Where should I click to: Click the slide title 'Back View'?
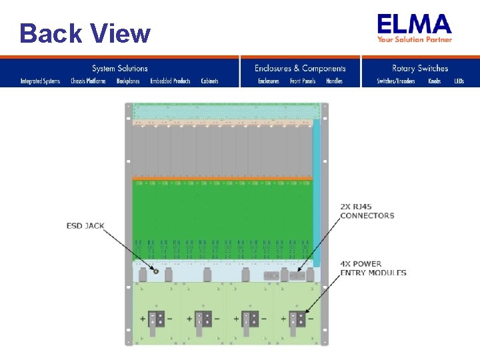tap(85, 33)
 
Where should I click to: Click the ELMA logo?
tap(414, 25)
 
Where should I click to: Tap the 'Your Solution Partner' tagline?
tap(415, 40)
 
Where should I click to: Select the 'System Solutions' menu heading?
tap(120, 68)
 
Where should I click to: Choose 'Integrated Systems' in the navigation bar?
tap(40, 81)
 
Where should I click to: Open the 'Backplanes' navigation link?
tap(128, 81)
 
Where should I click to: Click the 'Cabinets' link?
tap(209, 81)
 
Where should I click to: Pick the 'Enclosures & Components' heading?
tap(300, 68)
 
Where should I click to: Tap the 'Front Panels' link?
tap(303, 81)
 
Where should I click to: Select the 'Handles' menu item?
tap(334, 81)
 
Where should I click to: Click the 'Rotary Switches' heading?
tap(420, 68)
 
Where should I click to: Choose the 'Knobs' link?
tap(435, 81)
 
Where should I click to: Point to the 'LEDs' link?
tap(459, 81)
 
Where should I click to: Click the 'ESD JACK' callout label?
tap(85, 226)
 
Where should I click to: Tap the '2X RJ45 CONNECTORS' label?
tap(367, 211)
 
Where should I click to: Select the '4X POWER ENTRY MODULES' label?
tap(373, 268)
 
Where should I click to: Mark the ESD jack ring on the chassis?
tap(155, 271)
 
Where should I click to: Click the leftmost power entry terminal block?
tap(156, 319)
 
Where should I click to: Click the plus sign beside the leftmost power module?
tap(143, 319)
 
